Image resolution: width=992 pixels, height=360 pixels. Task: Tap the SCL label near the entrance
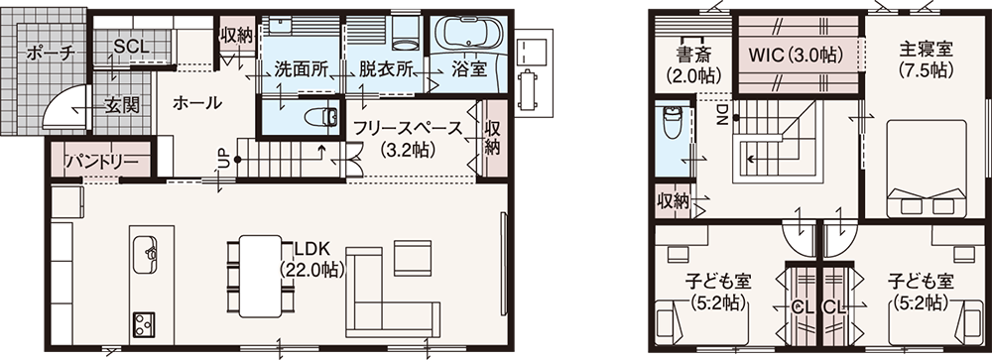(132, 47)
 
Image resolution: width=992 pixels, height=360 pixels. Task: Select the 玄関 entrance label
(121, 106)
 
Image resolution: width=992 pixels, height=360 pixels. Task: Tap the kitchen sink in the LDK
(146, 253)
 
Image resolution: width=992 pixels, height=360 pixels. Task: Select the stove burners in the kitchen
(146, 325)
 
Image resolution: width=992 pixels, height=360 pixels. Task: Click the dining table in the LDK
(260, 276)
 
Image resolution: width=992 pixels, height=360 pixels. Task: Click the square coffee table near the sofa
(413, 258)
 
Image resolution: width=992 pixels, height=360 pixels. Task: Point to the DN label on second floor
(722, 113)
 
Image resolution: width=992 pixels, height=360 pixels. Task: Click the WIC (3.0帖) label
(796, 56)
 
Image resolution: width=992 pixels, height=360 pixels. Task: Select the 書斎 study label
(693, 51)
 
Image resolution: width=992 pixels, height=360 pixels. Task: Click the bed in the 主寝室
(927, 170)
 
